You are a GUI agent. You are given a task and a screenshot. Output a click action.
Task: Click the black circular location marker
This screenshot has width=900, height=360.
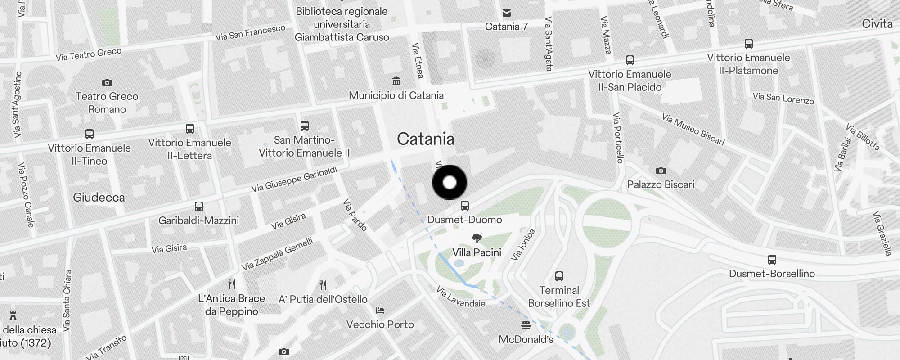450,183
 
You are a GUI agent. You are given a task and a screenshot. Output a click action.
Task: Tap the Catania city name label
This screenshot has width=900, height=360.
425,139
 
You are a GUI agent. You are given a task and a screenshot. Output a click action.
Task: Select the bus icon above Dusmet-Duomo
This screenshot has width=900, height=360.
465,206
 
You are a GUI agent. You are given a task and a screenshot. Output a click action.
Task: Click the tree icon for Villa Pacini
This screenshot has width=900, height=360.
477,238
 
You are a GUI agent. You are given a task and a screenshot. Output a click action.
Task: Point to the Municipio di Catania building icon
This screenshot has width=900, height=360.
396,81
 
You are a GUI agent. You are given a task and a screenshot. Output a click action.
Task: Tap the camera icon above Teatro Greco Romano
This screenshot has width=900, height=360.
107,82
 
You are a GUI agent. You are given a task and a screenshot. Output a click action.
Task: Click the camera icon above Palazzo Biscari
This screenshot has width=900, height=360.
661,171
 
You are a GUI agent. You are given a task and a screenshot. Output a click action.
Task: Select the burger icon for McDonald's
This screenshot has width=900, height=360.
526,325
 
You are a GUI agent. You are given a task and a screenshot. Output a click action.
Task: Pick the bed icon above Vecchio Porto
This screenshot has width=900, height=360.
380,310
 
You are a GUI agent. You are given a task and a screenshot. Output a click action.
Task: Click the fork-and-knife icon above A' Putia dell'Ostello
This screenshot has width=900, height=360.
323,285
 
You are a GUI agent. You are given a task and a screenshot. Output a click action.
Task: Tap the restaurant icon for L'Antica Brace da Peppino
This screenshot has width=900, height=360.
232,284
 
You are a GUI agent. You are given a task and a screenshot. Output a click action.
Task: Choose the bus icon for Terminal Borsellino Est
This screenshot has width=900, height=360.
559,276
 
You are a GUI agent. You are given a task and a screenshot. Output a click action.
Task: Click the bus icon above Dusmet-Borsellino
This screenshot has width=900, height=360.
772,260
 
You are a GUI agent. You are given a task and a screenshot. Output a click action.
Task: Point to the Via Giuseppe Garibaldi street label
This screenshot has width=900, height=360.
294,179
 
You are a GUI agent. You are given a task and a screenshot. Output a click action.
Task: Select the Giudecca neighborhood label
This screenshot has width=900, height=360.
99,197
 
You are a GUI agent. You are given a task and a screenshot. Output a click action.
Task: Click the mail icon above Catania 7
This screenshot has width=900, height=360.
507,13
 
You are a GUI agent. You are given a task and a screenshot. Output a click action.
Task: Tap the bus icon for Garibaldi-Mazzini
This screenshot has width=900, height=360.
198,207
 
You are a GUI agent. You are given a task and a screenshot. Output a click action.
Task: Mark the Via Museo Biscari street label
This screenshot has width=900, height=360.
693,130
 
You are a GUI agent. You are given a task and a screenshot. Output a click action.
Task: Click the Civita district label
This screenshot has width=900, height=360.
877,24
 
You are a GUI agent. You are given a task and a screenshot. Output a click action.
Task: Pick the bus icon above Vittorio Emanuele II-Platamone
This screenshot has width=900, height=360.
748,44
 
